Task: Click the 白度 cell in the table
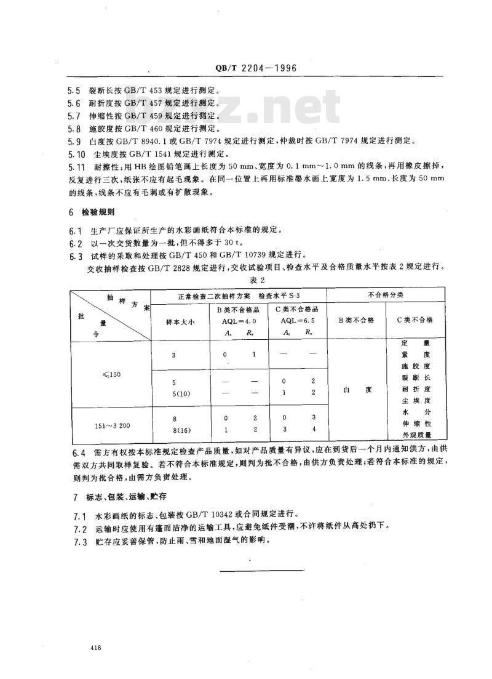(x=356, y=390)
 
